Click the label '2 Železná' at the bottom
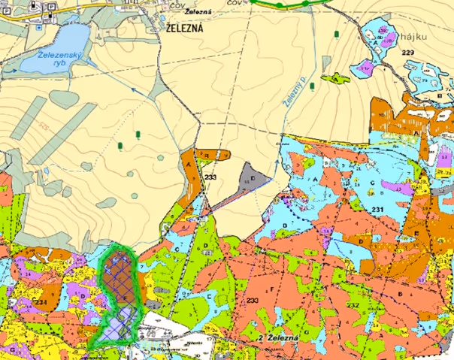pyautogui.click(x=278, y=340)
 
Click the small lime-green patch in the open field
pyautogui.click(x=336, y=77)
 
